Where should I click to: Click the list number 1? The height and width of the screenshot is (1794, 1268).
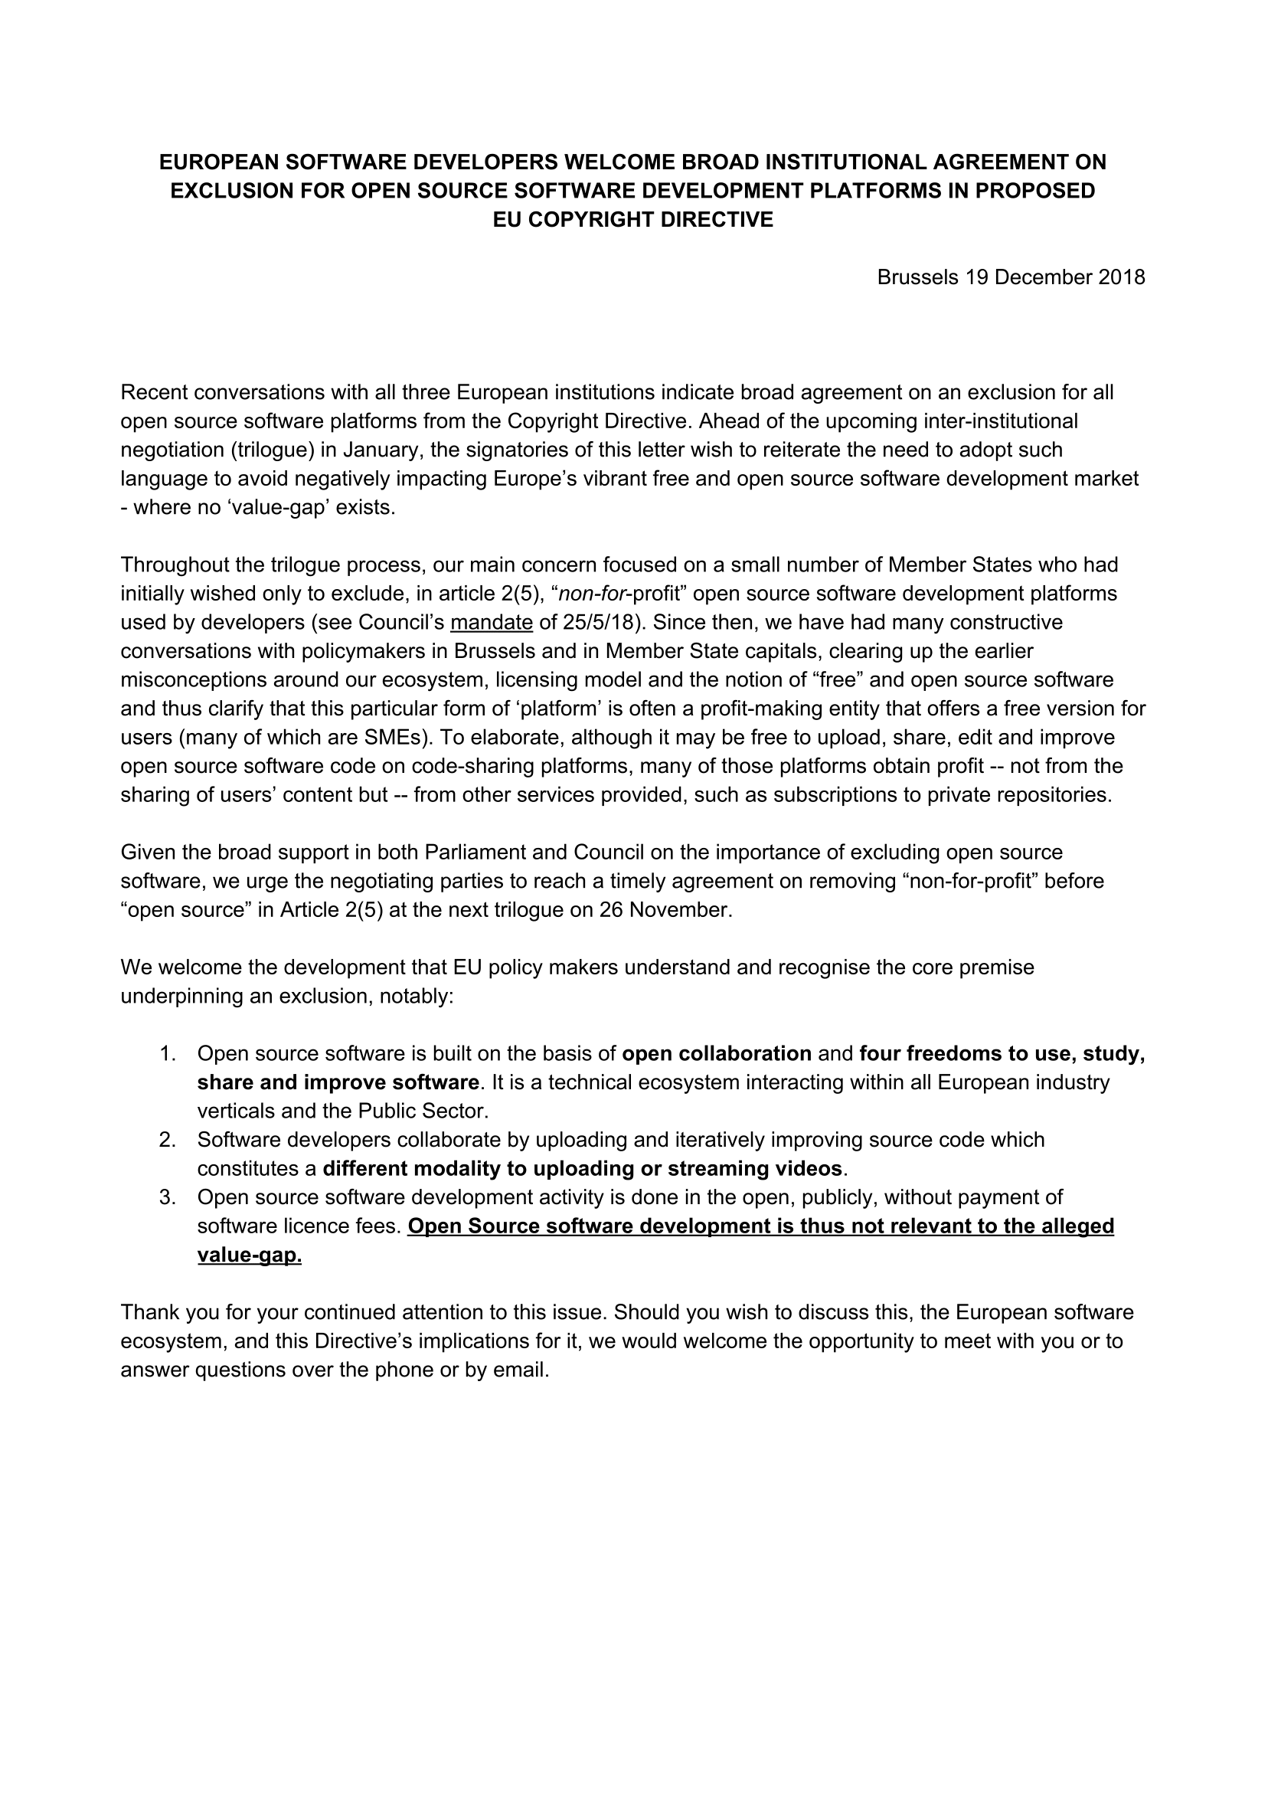[x=166, y=1053]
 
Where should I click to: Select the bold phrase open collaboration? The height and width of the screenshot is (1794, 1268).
[x=717, y=1053]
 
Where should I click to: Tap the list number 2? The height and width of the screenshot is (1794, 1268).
[x=166, y=1139]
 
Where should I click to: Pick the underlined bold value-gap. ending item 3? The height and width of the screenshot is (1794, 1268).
[x=249, y=1255]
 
